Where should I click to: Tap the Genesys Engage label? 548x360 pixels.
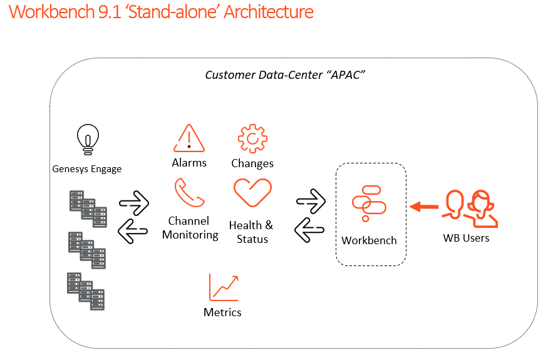coord(86,169)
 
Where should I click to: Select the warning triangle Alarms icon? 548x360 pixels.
coord(189,138)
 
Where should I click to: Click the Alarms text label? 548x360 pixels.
coord(189,163)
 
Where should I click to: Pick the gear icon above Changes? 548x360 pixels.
coord(252,138)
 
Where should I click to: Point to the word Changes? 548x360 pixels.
coord(252,163)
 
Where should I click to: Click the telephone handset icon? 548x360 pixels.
coord(190,193)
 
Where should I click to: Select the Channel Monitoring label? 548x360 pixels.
coord(190,228)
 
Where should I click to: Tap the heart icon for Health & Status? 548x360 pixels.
coord(252,193)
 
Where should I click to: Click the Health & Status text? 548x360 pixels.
coord(251,232)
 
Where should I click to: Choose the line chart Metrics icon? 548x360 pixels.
coord(224,287)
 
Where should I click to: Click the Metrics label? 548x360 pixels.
coord(222,312)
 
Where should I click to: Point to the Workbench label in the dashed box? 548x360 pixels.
coord(370,240)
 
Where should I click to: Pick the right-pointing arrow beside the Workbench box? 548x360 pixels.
coord(311,202)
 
